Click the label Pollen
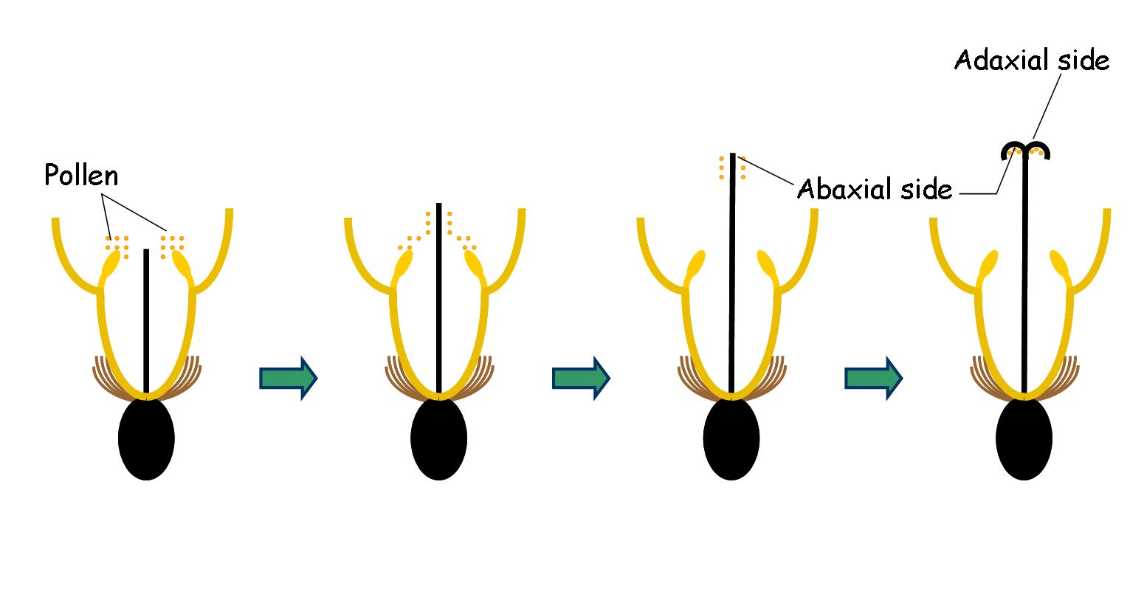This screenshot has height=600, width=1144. coord(81,176)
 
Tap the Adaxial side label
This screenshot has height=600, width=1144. coord(1031,61)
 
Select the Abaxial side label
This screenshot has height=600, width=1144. coord(875,190)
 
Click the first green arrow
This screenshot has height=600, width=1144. coord(288,378)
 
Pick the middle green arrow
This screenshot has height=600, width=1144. coord(580,378)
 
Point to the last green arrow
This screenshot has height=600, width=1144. coord(872,378)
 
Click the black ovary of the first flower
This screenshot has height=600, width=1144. coord(146,438)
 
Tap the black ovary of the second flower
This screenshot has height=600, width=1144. coord(439,438)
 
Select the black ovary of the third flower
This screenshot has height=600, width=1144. coord(731,438)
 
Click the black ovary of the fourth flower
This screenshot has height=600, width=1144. coord(1024,438)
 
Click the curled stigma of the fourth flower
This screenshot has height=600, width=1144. coord(1024,149)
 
